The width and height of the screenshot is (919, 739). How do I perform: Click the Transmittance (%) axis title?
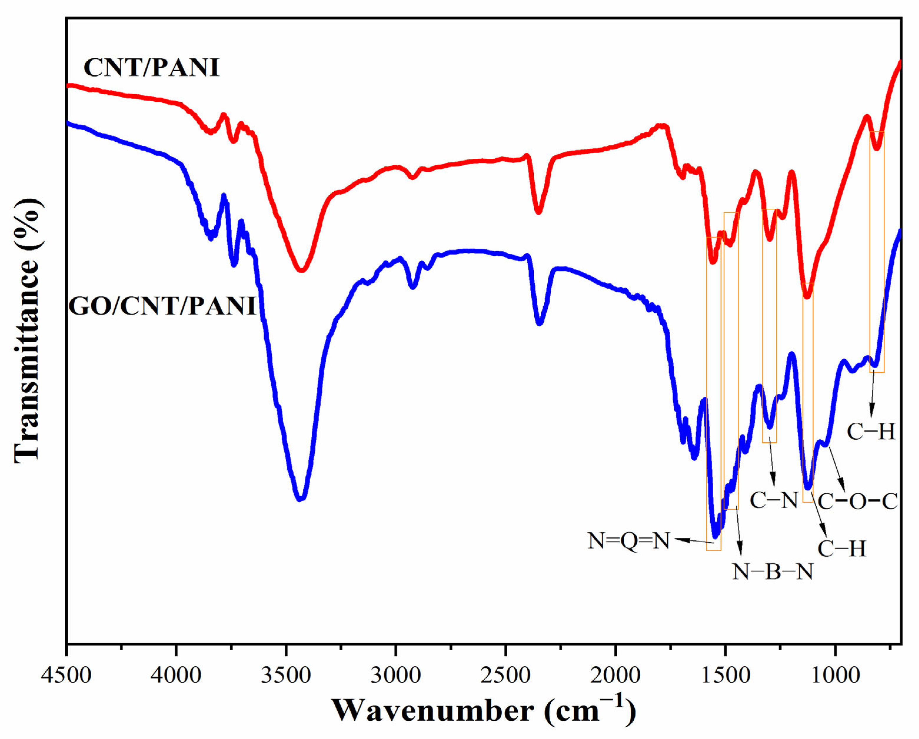(28, 330)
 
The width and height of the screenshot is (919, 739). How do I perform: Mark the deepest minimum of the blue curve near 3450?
(301, 498)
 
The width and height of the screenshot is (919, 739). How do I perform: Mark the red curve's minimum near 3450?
(301, 270)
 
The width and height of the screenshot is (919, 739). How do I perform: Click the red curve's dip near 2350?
(538, 211)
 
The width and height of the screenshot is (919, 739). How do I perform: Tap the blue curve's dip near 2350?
(540, 323)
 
